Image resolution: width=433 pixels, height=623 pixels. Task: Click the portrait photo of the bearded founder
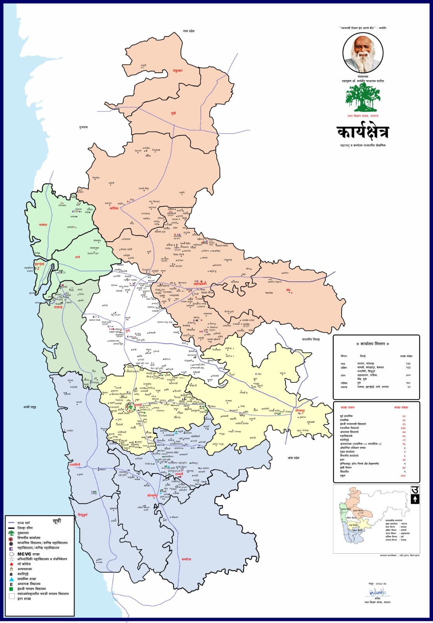click(363, 52)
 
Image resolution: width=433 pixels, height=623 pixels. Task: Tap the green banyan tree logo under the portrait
click(363, 98)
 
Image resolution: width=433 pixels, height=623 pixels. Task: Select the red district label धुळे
click(174, 113)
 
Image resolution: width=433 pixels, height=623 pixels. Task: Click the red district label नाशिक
click(114, 208)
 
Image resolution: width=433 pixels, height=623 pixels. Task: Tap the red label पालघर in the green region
click(43, 225)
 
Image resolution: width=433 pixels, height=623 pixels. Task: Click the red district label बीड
click(288, 290)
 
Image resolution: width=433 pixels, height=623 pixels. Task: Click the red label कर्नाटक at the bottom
click(186, 559)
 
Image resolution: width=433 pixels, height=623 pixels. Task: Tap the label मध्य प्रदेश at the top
click(188, 31)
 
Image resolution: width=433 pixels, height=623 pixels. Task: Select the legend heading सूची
click(57, 521)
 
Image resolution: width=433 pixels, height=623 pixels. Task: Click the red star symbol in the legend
click(12, 564)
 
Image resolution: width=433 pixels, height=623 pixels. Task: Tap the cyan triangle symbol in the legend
click(12, 579)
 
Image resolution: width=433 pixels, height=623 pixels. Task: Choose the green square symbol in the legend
click(12, 589)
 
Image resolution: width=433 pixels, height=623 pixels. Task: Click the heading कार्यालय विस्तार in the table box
click(376, 344)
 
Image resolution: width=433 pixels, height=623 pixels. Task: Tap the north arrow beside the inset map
click(415, 499)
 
